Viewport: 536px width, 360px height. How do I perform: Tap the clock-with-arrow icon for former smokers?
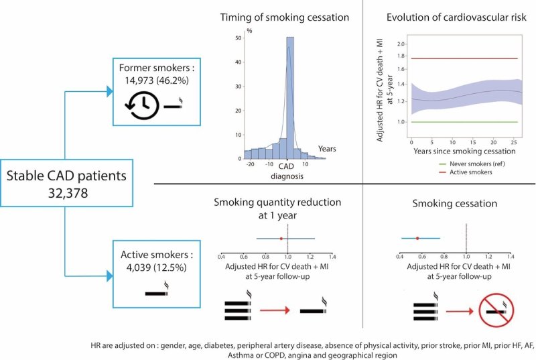pyautogui.click(x=143, y=105)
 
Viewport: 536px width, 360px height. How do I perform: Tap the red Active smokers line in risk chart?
pyautogui.click(x=462, y=59)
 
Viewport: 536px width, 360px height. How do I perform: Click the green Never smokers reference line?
pyautogui.click(x=462, y=122)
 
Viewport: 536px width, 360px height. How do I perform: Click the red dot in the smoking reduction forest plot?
pyautogui.click(x=281, y=238)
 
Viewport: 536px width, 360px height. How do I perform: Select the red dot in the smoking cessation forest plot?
pyautogui.click(x=417, y=238)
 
